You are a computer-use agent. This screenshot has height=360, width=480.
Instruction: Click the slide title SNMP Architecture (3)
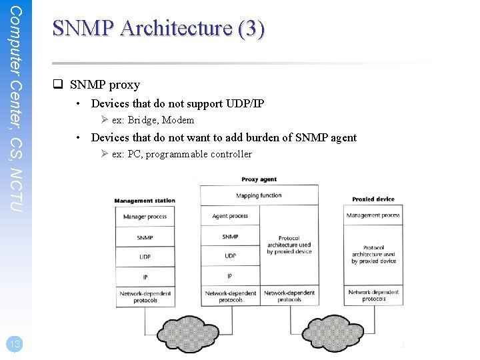[159, 29]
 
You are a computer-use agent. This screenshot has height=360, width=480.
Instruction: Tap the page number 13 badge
[13, 344]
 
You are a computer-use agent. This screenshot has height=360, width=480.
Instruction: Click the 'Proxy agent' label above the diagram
[259, 179]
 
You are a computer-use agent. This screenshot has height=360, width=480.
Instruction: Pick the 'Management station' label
[145, 201]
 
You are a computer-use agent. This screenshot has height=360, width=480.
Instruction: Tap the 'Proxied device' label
[373, 199]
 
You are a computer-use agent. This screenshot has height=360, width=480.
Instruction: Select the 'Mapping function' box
[259, 196]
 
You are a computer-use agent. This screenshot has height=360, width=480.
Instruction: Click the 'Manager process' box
[145, 217]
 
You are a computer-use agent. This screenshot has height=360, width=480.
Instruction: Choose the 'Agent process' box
[230, 216]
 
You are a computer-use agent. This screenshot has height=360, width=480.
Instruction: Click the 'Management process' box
[373, 215]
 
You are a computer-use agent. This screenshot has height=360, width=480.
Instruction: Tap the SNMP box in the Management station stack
[145, 237]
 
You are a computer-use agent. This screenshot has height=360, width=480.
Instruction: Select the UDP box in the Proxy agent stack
[230, 256]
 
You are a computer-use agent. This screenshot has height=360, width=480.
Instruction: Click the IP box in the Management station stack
[145, 277]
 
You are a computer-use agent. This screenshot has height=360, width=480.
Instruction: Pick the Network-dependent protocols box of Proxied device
[373, 295]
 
